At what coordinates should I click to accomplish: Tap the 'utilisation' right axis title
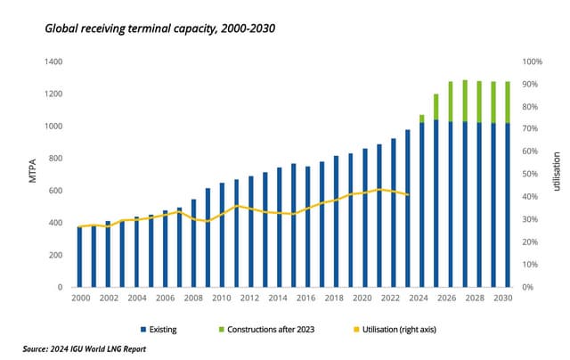pyautogui.click(x=554, y=174)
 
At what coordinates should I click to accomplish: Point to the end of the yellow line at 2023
pyautogui.click(x=408, y=195)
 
